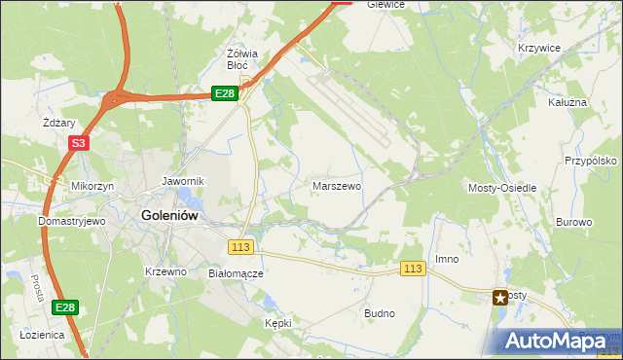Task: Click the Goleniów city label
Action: [170, 216]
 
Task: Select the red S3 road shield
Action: [78, 144]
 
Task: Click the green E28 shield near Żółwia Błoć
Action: [225, 92]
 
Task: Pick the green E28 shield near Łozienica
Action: [64, 307]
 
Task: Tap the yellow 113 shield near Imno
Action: [414, 269]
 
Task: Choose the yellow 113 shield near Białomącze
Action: [241, 246]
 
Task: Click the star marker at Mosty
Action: [501, 298]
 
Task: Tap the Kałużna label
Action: [568, 100]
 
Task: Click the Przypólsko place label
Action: [591, 161]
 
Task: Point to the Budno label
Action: [379, 313]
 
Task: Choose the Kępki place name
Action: [277, 322]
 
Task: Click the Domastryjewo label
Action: [71, 221]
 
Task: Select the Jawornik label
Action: [182, 181]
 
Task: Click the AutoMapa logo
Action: [557, 341]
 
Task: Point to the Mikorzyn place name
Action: [92, 185]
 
